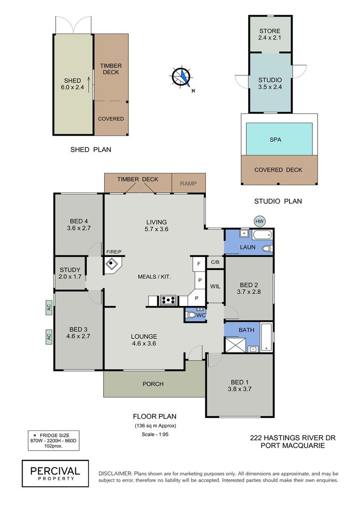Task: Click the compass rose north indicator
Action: point(181,77)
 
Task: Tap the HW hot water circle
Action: point(259,221)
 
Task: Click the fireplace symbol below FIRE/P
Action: point(112,264)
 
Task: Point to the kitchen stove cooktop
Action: point(169,300)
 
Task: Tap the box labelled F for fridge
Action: point(198,263)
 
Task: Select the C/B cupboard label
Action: point(215,262)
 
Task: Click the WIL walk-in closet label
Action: point(215,286)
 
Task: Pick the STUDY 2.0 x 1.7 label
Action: point(70,273)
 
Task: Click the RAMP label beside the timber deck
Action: point(188,184)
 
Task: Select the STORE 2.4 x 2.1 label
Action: point(269,34)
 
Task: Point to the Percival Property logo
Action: point(55,473)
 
